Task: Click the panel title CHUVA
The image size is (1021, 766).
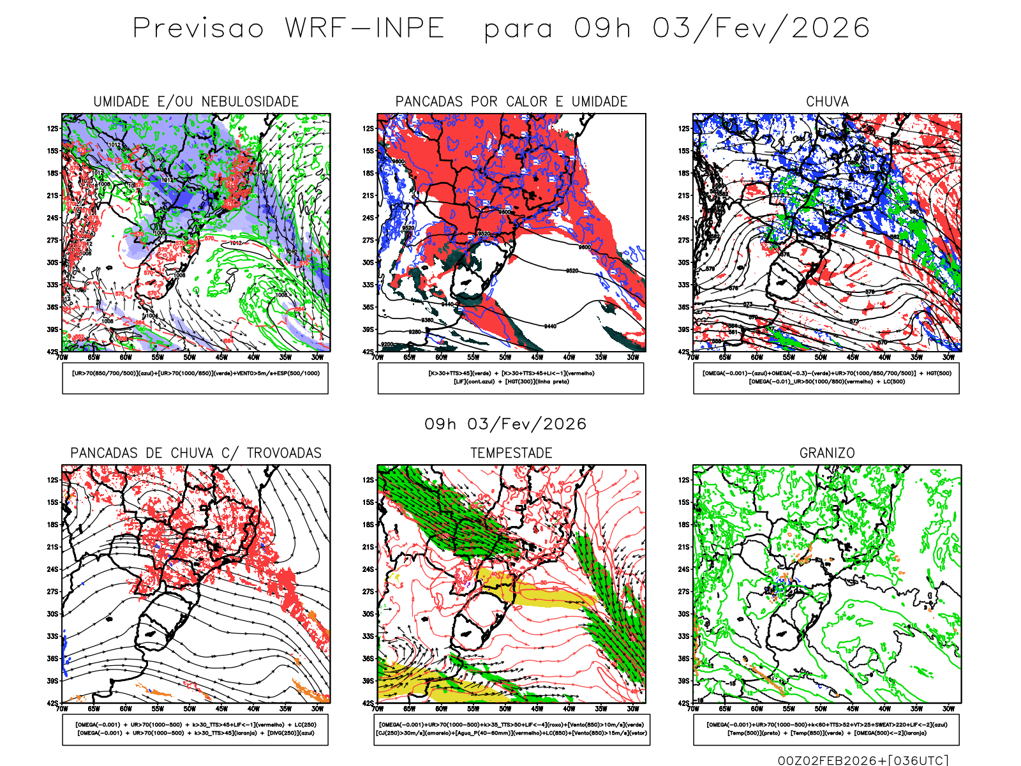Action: [x=827, y=101]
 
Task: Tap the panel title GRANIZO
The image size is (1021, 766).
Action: [x=827, y=453]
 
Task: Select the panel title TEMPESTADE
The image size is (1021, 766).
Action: [x=511, y=453]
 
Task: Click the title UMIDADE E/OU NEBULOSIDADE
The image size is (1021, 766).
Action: [x=196, y=101]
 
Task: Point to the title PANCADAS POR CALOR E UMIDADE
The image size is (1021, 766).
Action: [x=511, y=101]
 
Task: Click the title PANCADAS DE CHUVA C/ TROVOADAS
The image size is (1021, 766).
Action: [x=196, y=453]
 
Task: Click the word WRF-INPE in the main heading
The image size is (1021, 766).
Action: [x=364, y=28]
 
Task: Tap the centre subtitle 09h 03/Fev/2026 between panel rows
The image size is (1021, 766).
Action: [x=505, y=424]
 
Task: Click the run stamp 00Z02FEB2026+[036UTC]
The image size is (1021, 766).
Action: [x=863, y=760]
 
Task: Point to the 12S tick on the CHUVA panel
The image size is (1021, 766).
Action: [x=683, y=128]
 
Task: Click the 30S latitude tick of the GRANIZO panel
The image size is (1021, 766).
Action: [x=683, y=614]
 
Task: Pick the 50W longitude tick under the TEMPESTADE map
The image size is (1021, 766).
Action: [x=505, y=709]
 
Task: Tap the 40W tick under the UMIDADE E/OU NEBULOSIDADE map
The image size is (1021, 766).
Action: [x=253, y=357]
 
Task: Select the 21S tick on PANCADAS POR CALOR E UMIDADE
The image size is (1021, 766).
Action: [x=368, y=195]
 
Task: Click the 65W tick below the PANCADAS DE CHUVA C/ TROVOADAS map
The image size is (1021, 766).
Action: [x=94, y=709]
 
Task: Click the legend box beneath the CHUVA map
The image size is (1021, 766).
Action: [x=826, y=378]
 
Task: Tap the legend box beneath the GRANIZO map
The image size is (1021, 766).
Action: [x=826, y=729]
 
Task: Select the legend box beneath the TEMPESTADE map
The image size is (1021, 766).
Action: [x=511, y=729]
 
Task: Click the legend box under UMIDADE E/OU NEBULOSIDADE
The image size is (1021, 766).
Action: [x=195, y=378]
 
